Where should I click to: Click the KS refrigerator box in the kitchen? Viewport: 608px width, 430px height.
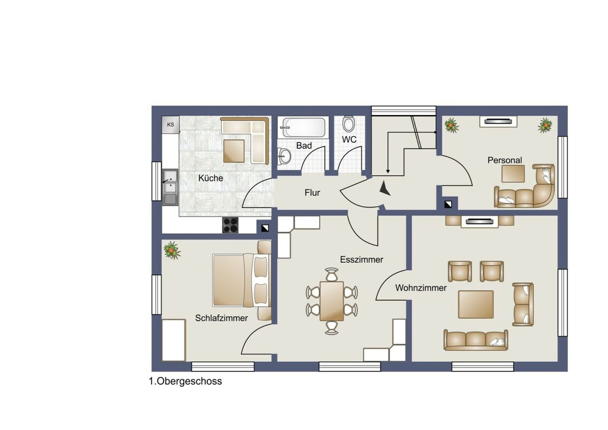pyautogui.click(x=171, y=125)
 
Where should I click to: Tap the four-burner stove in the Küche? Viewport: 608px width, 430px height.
pyautogui.click(x=230, y=225)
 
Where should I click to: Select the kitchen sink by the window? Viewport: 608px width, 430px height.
pyautogui.click(x=170, y=187)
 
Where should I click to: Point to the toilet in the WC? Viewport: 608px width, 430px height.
pyautogui.click(x=349, y=124)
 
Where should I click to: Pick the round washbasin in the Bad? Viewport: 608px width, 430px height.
pyautogui.click(x=285, y=155)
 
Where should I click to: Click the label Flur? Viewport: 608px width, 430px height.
pyautogui.click(x=312, y=193)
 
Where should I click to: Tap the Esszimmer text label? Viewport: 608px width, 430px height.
pyautogui.click(x=361, y=259)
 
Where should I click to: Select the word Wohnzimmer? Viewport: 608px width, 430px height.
pyautogui.click(x=421, y=287)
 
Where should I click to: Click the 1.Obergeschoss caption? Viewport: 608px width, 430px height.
pyautogui.click(x=185, y=381)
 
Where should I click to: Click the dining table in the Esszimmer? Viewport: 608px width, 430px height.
pyautogui.click(x=332, y=301)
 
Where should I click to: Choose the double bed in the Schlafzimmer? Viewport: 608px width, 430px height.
pyautogui.click(x=240, y=280)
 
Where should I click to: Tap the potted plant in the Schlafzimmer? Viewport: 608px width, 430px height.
pyautogui.click(x=172, y=250)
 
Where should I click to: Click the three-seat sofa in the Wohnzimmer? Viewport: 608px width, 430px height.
pyautogui.click(x=476, y=340)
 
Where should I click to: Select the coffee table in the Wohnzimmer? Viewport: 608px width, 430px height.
pyautogui.click(x=475, y=304)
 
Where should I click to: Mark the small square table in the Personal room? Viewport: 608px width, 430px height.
pyautogui.click(x=513, y=173)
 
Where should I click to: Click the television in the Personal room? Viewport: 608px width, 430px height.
pyautogui.click(x=498, y=122)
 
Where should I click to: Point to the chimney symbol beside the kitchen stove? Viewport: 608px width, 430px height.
pyautogui.click(x=264, y=228)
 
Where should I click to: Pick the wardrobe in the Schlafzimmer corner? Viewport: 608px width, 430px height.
pyautogui.click(x=173, y=340)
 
